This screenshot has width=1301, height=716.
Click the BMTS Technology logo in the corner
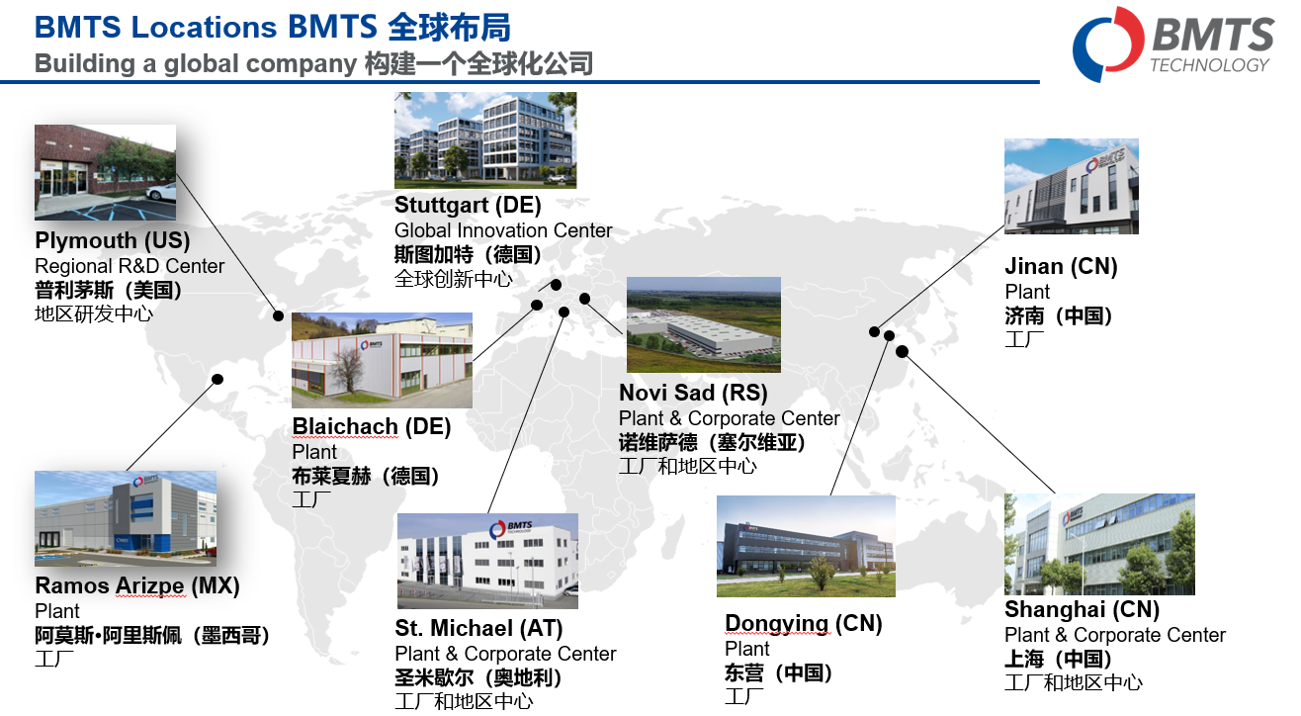(1172, 44)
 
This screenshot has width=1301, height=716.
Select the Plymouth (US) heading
(112, 240)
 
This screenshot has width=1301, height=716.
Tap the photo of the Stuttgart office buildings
(484, 139)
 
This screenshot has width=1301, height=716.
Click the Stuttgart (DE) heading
(468, 205)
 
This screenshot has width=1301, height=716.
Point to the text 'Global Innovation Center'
(503, 230)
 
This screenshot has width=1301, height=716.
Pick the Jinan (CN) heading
(1061, 266)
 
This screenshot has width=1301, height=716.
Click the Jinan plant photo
(1071, 186)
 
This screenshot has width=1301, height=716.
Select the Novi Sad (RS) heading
(693, 393)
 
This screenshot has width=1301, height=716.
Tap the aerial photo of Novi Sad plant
(703, 324)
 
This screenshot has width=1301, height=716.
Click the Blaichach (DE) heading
(371, 426)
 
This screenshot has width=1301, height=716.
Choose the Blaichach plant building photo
(382, 360)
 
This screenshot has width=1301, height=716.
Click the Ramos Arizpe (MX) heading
(137, 585)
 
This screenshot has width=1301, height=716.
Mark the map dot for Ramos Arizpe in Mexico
(217, 379)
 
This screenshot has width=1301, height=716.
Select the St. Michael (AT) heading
(478, 628)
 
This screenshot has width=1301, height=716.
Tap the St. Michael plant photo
(487, 561)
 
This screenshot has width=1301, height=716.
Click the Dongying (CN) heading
(803, 624)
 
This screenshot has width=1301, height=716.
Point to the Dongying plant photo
(806, 546)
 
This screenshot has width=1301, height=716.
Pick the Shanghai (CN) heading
(1082, 609)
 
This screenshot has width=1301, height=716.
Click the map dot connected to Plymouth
(279, 316)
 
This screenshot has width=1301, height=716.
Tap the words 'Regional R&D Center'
(130, 266)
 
